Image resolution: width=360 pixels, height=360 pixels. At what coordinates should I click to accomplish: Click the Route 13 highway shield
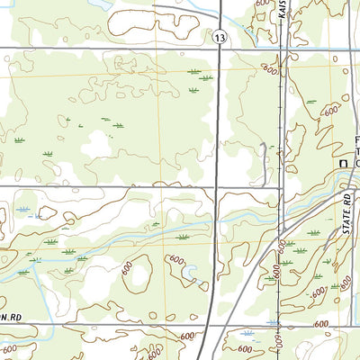pos(220,36)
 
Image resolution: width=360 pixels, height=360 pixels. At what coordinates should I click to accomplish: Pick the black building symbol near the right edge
pos(342,161)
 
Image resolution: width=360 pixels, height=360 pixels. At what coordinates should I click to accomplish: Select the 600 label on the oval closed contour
pos(176,260)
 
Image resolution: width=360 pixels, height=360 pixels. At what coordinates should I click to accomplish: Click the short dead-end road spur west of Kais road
pos(262,153)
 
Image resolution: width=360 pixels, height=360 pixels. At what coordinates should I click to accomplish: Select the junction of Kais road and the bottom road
pos(279,323)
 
